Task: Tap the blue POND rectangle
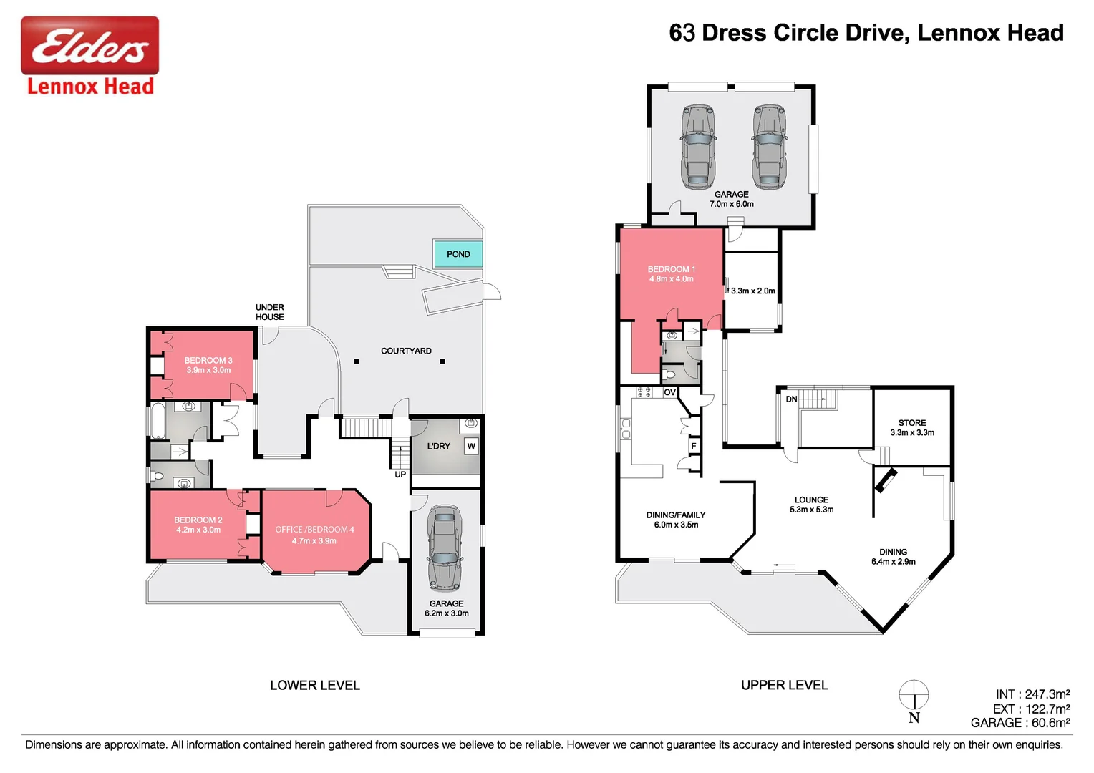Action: [x=458, y=254]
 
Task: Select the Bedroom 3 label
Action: [x=208, y=361]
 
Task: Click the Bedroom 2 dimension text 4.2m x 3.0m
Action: [x=198, y=530]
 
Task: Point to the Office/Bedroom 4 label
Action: [x=314, y=530]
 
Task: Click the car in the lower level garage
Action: [x=445, y=548]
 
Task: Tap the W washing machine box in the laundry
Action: [x=471, y=447]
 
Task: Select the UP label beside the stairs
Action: [x=400, y=475]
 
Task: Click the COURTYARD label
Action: [x=406, y=351]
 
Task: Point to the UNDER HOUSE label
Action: [x=270, y=312]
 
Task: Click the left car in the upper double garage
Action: [x=698, y=147]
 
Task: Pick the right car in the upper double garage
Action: [x=769, y=147]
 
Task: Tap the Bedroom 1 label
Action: [x=672, y=269]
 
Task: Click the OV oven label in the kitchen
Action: [x=669, y=393]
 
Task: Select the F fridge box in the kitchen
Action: [x=693, y=446]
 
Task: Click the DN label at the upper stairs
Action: [x=791, y=399]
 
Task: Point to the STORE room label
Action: [x=912, y=423]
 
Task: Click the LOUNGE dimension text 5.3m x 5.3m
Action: [x=811, y=510]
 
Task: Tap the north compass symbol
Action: [x=914, y=696]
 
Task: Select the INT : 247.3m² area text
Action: [x=1032, y=694]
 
